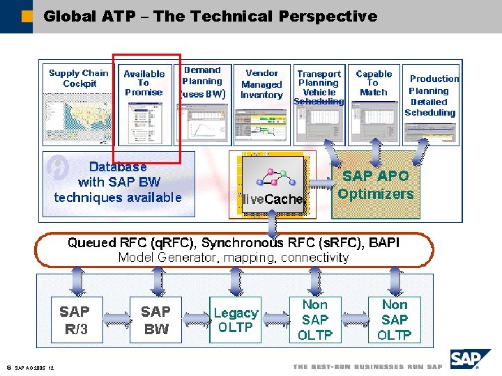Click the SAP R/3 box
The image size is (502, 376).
click(x=76, y=320)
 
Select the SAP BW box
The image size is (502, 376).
click(x=155, y=320)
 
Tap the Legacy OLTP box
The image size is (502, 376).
click(x=236, y=320)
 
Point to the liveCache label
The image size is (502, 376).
click(x=273, y=199)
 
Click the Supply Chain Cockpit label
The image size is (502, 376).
click(x=79, y=78)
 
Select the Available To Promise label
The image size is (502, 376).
click(x=144, y=83)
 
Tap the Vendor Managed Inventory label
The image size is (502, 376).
click(x=261, y=84)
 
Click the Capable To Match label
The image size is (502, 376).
click(x=374, y=83)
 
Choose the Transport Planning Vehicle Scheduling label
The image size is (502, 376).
click(x=319, y=87)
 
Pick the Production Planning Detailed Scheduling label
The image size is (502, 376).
click(x=431, y=95)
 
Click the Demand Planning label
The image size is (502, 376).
click(x=202, y=81)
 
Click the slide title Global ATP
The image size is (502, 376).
click(x=210, y=16)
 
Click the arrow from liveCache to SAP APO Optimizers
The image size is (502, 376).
click(x=322, y=184)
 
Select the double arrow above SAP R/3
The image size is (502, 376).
click(x=76, y=282)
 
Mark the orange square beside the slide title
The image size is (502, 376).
click(x=26, y=15)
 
